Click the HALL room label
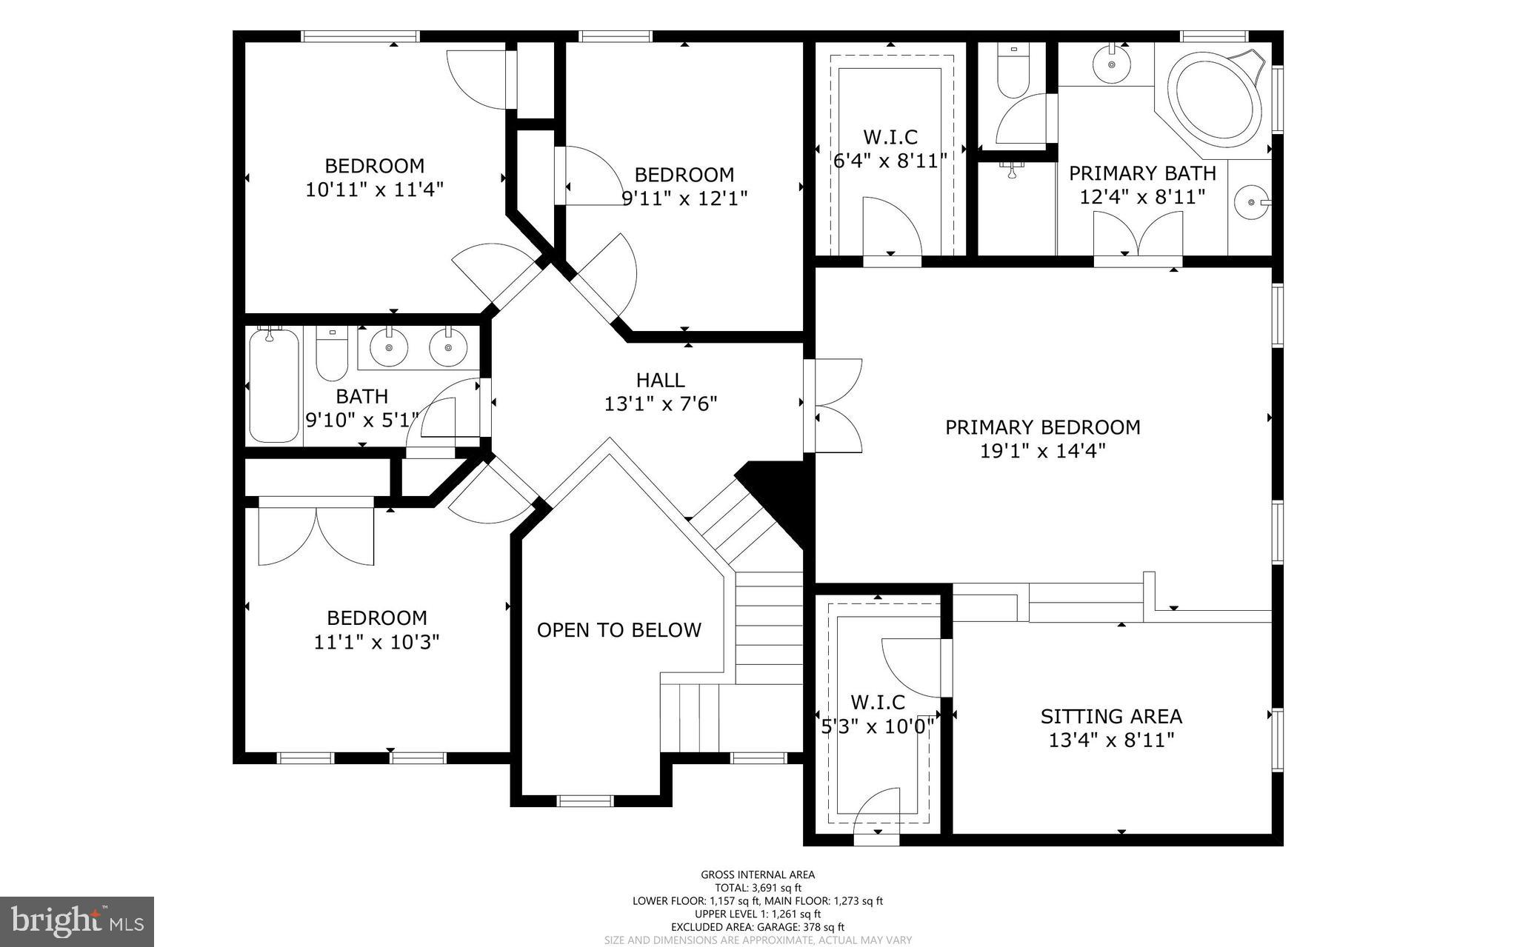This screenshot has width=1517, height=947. [x=660, y=381]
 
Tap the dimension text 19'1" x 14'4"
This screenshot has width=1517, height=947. [x=1042, y=451]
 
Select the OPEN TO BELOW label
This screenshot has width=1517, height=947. [x=619, y=630]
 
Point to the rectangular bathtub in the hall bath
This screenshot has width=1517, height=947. [x=274, y=385]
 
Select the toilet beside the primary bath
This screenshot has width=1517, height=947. [x=1013, y=70]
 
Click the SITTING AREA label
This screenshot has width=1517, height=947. [x=1111, y=717]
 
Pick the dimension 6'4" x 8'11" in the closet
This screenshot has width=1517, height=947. [x=890, y=161]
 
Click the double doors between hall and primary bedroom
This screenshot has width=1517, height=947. [x=833, y=405]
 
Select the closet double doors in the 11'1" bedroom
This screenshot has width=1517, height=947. [x=316, y=535]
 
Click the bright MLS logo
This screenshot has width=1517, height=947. [x=77, y=921]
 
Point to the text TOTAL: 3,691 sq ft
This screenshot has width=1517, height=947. [x=758, y=888]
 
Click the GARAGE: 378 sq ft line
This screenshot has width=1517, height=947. [x=758, y=926]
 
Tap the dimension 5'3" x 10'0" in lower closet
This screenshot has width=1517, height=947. [x=877, y=726]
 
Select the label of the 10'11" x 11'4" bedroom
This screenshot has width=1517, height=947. [x=374, y=166]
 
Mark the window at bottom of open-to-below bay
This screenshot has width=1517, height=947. [x=585, y=800]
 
